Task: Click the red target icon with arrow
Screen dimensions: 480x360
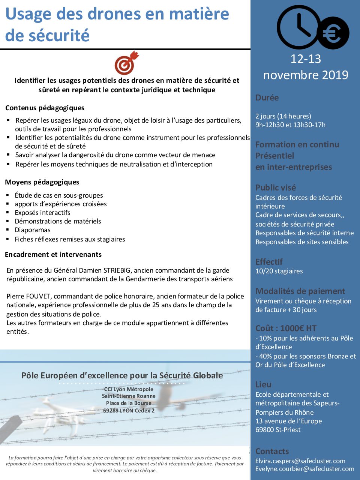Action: click(126, 63)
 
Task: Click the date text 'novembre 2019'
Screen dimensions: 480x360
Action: click(306, 75)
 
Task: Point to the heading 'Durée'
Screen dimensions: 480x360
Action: click(267, 97)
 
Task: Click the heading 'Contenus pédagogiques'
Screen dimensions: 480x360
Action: click(45, 108)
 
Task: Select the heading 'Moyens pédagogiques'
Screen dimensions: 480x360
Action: click(42, 182)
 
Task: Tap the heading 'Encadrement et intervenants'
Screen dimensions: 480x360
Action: click(53, 255)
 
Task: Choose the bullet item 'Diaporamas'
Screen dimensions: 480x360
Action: click(33, 230)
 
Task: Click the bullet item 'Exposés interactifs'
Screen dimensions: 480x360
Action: click(42, 213)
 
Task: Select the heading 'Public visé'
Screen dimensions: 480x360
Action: click(276, 187)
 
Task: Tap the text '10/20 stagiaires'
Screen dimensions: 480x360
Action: click(279, 271)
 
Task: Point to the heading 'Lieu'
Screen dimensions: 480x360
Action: click(263, 384)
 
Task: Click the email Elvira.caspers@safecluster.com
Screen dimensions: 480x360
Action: click(300, 461)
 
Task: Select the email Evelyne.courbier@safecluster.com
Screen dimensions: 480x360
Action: click(304, 469)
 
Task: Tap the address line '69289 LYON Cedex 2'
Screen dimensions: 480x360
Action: click(129, 411)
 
